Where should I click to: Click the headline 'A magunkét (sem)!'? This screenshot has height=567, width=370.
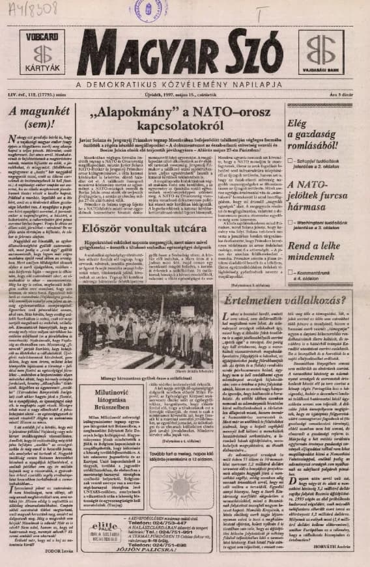(x=38, y=117)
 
